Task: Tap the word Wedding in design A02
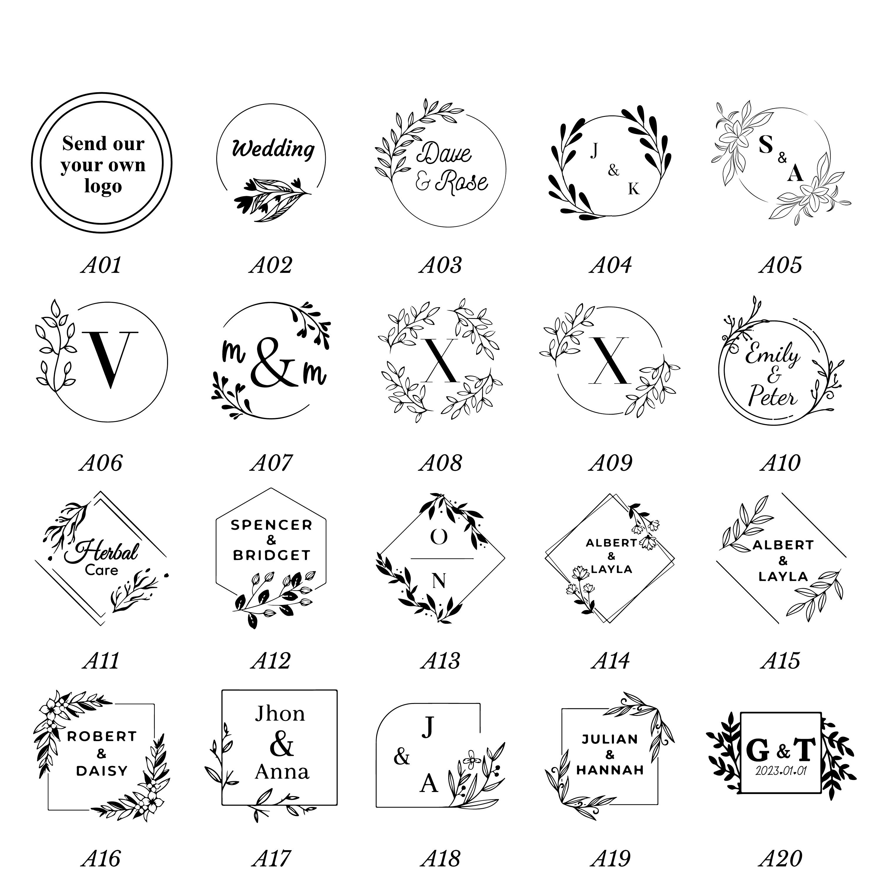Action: click(x=273, y=149)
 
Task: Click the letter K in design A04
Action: click(x=634, y=189)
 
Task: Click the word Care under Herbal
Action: click(x=101, y=570)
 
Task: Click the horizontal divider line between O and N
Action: click(x=442, y=559)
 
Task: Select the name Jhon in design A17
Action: click(x=280, y=713)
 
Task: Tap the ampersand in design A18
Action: click(x=402, y=757)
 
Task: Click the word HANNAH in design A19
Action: click(x=610, y=770)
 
